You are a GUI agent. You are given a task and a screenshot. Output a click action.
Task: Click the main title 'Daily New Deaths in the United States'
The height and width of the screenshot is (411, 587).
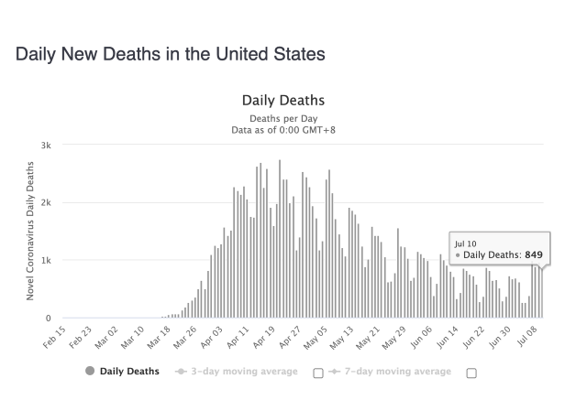click(171, 54)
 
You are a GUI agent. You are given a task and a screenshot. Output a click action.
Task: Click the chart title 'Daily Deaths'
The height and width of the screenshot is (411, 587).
click(283, 101)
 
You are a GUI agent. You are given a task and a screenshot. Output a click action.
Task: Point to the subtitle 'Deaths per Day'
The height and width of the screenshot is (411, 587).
click(283, 118)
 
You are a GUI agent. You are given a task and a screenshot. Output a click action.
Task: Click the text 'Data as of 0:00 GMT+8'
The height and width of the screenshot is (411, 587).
click(283, 130)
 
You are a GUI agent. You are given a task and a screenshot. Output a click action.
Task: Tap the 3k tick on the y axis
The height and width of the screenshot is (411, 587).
click(46, 146)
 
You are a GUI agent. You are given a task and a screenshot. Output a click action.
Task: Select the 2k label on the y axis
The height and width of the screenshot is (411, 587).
click(46, 202)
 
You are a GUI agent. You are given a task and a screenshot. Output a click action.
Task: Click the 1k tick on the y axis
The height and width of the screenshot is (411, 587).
click(46, 261)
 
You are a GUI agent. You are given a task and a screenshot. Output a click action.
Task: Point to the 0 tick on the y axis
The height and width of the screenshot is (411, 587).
click(49, 319)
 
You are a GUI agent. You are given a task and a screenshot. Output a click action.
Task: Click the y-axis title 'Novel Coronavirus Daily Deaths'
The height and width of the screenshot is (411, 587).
click(30, 231)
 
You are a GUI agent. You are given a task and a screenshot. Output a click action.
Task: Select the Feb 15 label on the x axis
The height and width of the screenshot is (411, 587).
click(54, 337)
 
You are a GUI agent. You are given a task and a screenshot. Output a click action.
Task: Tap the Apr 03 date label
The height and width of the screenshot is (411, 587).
click(212, 337)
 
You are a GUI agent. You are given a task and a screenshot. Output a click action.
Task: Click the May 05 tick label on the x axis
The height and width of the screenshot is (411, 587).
click(316, 338)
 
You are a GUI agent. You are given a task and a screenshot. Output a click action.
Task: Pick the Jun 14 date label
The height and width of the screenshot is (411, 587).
click(447, 337)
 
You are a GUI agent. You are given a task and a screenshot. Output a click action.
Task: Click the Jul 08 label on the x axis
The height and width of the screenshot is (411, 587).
click(527, 336)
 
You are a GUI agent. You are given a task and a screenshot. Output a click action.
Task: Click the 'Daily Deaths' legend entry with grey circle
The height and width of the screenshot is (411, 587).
click(122, 371)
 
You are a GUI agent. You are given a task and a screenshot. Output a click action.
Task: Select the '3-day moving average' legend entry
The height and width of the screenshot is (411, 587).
click(237, 372)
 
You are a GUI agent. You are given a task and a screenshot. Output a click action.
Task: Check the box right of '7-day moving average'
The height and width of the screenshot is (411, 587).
click(471, 373)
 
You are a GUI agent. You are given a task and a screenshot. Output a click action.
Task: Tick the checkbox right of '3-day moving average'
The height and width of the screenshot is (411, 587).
click(318, 373)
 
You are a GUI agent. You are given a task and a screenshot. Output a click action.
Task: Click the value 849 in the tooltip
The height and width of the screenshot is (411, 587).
click(534, 254)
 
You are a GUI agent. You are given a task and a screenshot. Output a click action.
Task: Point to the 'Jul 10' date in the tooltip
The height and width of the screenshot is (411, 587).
click(465, 244)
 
